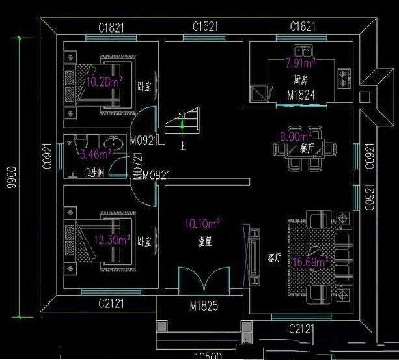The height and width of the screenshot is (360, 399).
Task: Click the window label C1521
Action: pos(206,26)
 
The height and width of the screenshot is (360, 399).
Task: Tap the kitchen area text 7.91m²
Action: pos(300,63)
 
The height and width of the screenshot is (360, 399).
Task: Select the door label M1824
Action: pos(301,95)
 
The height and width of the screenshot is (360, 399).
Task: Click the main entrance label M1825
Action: pos(203,306)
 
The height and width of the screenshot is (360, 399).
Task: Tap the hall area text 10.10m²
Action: pos(202,224)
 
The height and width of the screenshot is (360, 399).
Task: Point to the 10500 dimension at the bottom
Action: pos(209,355)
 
